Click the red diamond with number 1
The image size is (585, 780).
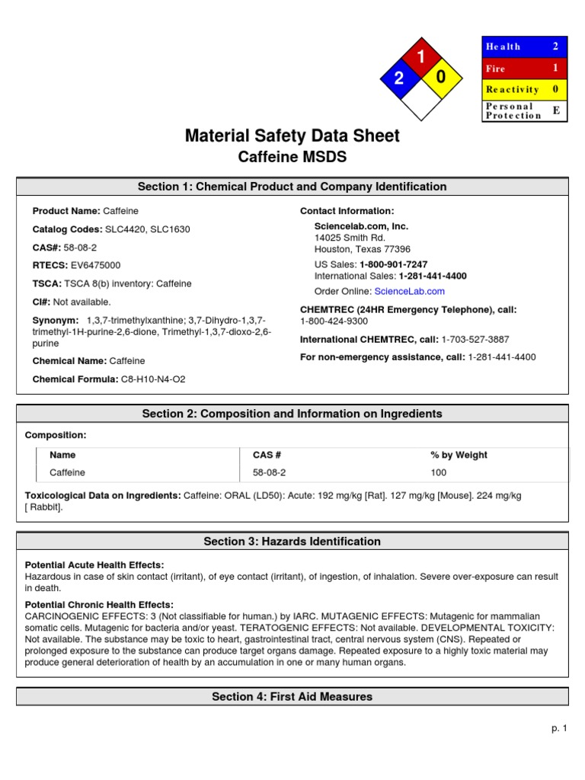coord(420,57)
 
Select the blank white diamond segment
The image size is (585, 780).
coord(420,99)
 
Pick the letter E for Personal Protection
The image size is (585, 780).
coord(556,110)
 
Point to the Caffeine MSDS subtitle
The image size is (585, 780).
coord(292,157)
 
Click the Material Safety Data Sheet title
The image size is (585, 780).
coord(292,136)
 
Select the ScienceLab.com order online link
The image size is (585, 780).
coord(409,291)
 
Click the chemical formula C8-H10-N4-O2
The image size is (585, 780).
coord(153,379)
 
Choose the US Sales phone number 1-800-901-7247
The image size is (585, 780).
coord(393,264)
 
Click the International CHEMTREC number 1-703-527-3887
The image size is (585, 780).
coord(475,339)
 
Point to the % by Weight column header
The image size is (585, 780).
coord(459,455)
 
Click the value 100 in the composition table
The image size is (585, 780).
coord(439,472)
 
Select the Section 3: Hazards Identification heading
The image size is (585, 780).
coord(292,542)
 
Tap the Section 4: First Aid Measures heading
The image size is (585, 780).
coord(292,696)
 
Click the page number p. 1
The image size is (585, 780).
coord(560,728)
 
